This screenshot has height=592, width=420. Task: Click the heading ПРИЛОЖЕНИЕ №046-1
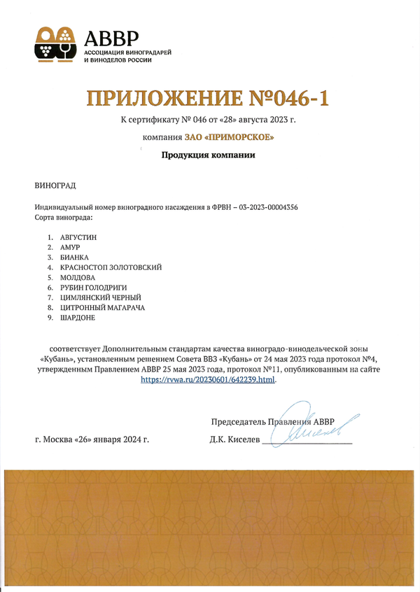coord(208,98)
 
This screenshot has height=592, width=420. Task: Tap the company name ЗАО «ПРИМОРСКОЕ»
coord(230,137)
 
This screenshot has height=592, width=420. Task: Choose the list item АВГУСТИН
coord(78,237)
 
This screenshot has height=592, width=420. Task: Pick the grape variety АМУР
coord(71,248)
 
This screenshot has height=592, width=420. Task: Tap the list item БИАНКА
coord(74,258)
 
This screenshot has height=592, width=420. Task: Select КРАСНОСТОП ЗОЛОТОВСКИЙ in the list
coord(111,267)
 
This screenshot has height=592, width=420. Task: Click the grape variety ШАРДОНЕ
coord(78,318)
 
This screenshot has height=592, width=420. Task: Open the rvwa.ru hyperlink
coord(209,379)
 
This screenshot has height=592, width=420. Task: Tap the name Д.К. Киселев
coord(234,439)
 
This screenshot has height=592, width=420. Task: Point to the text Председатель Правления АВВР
coord(272,421)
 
